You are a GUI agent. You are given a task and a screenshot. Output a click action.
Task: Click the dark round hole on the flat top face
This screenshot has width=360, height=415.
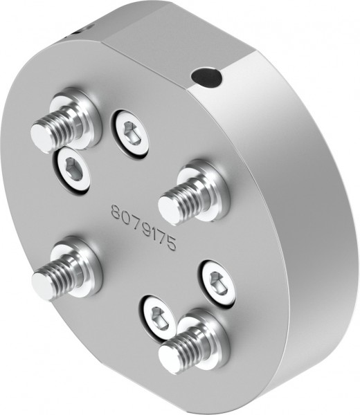pyautogui.click(x=207, y=76)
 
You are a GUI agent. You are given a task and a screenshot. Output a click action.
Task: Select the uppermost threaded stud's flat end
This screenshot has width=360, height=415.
pyautogui.click(x=42, y=137)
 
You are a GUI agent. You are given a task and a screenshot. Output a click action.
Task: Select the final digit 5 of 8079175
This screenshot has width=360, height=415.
pyautogui.click(x=172, y=245)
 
